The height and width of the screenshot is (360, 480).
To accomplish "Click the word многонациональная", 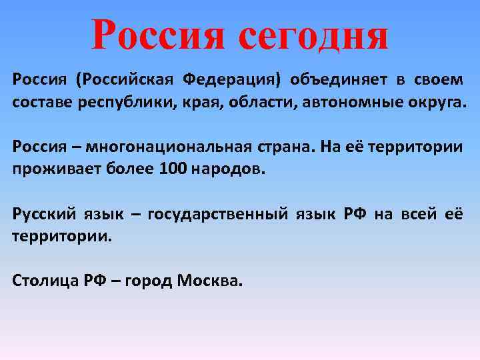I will tap(170, 147).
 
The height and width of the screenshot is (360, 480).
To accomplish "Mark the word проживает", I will tap(50, 169).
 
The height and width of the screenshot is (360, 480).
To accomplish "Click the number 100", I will tap(173, 169).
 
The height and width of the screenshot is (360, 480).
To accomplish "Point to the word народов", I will tap(228, 169).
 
